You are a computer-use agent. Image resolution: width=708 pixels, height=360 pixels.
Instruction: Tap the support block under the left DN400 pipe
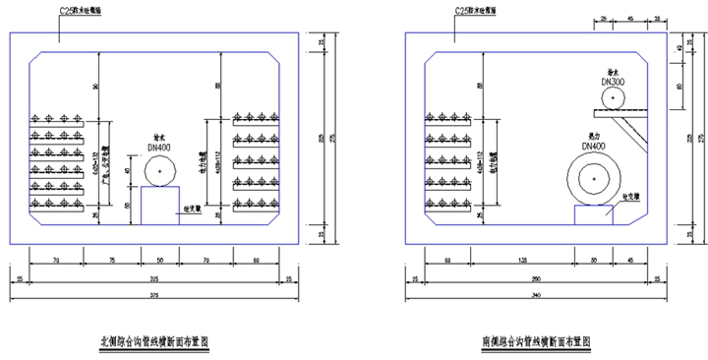click(158, 206)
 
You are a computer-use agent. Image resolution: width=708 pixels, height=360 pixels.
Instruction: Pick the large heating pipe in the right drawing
click(593, 180)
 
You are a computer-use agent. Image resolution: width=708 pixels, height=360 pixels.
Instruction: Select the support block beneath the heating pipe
click(594, 215)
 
